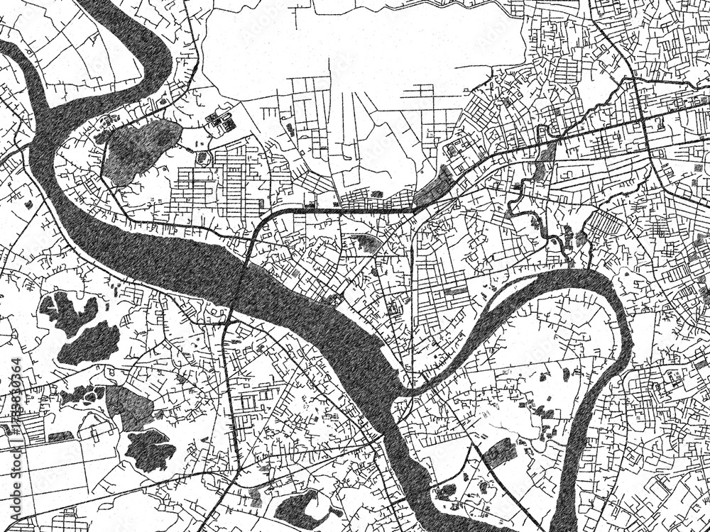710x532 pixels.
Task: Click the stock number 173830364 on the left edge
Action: click(x=15, y=402)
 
